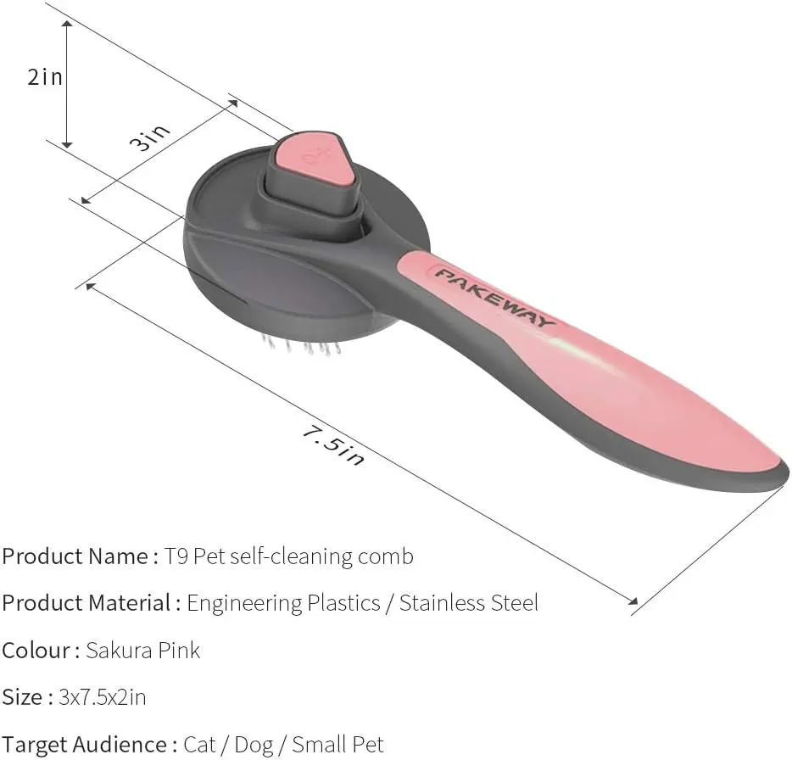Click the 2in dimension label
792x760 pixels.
tap(45, 77)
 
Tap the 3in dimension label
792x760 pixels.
tap(149, 138)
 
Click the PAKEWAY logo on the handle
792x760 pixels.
tap(495, 298)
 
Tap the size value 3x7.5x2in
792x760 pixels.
tap(103, 697)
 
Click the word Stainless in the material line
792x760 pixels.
tap(442, 603)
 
